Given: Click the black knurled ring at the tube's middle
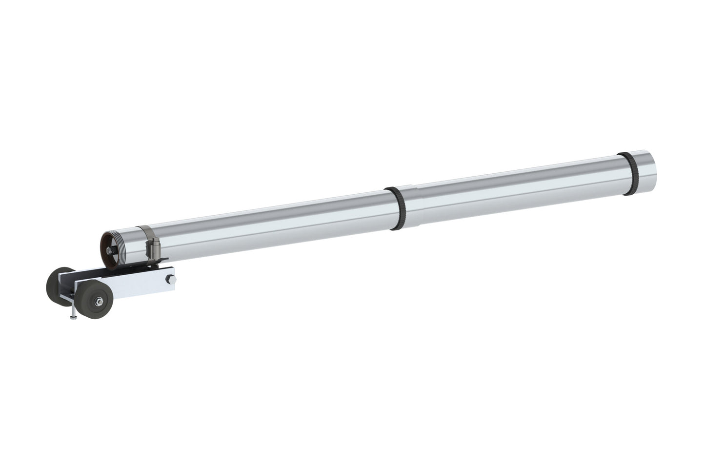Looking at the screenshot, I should (x=397, y=209).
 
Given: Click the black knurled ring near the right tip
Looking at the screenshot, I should (x=626, y=174).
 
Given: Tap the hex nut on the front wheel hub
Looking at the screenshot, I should (x=100, y=301).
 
